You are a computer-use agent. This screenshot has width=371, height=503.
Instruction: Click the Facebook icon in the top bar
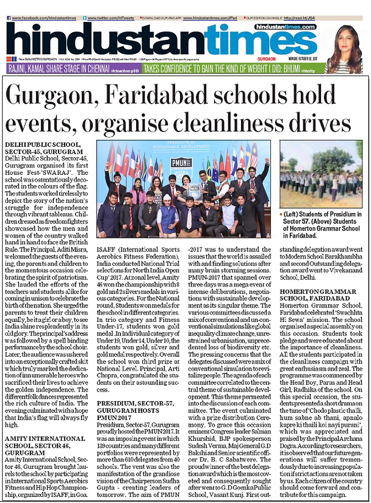point(9,18)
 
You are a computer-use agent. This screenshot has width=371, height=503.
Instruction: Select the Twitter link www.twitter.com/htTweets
point(111,18)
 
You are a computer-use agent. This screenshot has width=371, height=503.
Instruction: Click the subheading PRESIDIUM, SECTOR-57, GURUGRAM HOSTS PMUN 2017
point(135,410)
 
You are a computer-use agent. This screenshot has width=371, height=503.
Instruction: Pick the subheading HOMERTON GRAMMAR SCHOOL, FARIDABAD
point(318,295)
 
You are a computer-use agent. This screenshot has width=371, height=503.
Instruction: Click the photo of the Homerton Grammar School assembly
point(321,174)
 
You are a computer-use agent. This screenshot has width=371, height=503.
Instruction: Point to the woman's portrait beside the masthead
point(345,48)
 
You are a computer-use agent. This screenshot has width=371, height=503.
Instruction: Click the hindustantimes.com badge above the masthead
point(285,27)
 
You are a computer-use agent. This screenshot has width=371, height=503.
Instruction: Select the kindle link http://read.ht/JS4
point(299,18)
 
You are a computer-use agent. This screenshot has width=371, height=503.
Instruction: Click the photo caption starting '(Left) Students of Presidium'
point(321,225)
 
